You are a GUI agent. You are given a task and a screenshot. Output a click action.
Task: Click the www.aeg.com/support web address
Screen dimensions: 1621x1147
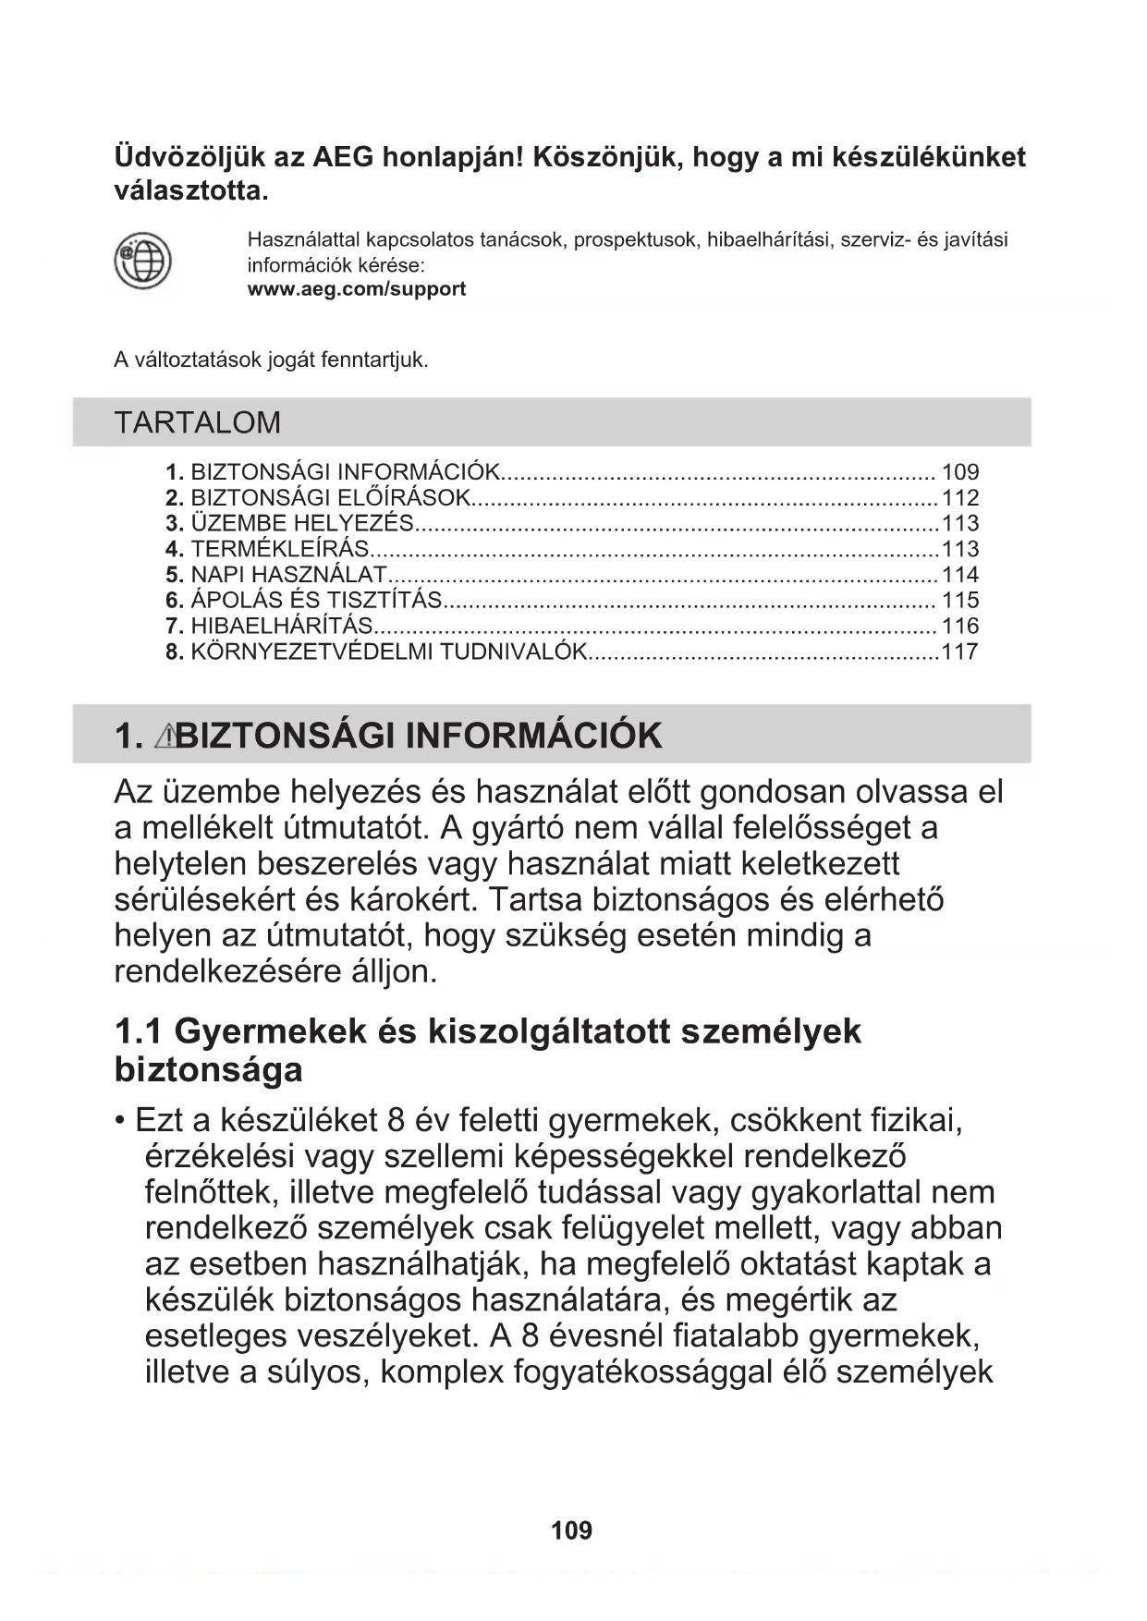(356, 289)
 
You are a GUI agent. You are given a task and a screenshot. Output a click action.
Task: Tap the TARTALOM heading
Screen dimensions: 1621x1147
(197, 422)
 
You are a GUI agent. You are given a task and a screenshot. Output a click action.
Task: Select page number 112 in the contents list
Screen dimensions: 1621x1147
(959, 497)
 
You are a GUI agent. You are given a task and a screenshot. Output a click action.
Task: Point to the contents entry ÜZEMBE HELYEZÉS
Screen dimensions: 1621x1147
(301, 523)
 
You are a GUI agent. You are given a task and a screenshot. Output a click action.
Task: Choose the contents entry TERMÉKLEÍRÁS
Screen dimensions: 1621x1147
(279, 549)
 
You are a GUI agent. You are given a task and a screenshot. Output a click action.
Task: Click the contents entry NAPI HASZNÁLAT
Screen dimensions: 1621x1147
(287, 575)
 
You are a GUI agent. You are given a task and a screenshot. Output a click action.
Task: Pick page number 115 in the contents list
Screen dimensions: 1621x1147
(959, 600)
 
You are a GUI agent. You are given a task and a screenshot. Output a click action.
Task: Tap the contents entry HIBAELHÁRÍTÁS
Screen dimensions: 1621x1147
(281, 626)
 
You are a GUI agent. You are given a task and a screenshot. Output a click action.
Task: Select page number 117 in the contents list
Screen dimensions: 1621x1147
(959, 652)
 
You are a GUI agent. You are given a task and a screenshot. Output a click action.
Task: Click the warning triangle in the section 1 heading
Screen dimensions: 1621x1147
(165, 736)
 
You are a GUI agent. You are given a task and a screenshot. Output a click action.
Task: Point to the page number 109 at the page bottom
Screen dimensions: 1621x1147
(571, 1530)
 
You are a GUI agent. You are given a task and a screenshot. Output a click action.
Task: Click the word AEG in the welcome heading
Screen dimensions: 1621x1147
(343, 157)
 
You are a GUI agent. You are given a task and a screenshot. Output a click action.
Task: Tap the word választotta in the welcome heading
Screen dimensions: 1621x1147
(190, 191)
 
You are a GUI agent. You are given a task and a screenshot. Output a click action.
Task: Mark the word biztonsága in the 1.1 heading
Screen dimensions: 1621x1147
(208, 1070)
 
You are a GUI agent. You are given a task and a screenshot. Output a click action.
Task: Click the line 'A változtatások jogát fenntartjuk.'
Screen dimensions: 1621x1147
(271, 360)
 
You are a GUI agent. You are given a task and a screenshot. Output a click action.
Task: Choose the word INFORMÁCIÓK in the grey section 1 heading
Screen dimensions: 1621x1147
(533, 736)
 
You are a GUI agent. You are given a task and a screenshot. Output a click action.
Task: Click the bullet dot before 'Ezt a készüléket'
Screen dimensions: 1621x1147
(120, 1121)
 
